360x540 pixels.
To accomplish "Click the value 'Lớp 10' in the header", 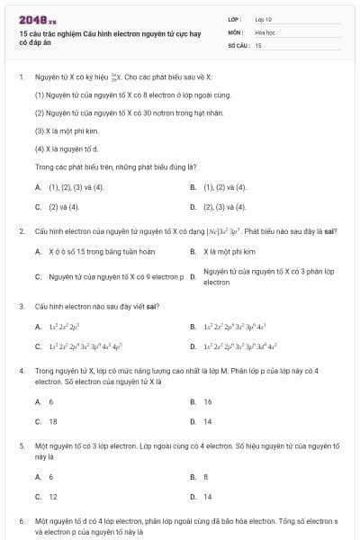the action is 264,18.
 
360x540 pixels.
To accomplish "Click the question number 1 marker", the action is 21,77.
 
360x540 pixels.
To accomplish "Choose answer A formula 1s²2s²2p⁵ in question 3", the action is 65,327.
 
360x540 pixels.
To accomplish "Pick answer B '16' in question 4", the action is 208,401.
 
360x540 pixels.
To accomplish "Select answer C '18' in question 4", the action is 53,421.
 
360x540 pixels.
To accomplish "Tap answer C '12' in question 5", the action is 53,497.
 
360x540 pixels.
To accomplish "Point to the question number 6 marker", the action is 21,521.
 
